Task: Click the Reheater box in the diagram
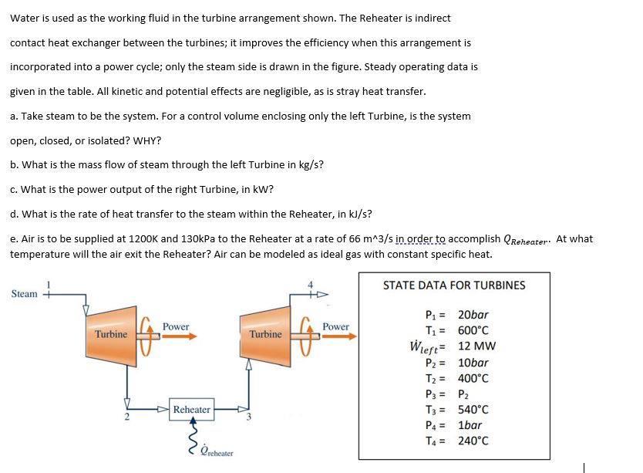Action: click(x=192, y=409)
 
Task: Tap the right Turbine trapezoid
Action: click(x=266, y=335)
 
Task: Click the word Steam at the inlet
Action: click(x=25, y=294)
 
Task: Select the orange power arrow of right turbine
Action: click(x=336, y=336)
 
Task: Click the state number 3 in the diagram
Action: click(x=249, y=419)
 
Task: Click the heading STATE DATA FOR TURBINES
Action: click(x=454, y=285)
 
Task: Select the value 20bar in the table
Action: click(x=473, y=315)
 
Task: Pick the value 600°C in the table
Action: click(x=473, y=330)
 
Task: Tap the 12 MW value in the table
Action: click(x=476, y=346)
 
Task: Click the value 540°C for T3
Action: click(x=473, y=410)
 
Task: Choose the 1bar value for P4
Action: click(x=470, y=425)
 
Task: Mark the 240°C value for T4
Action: click(x=473, y=441)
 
